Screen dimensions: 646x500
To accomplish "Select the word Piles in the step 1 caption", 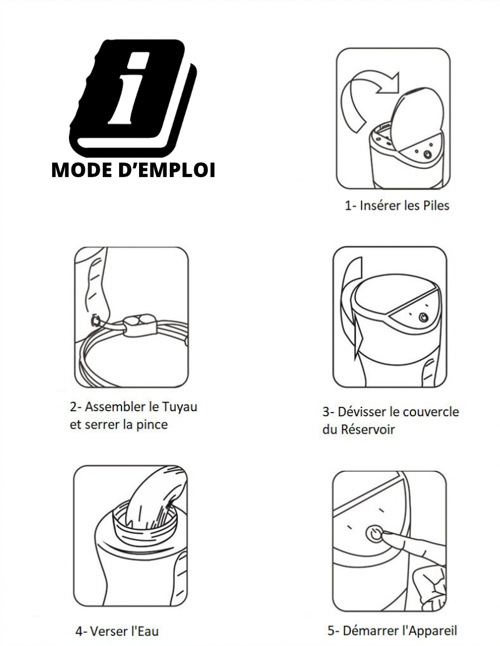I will (x=435, y=205).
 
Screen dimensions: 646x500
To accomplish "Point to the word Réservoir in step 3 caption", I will (x=358, y=430).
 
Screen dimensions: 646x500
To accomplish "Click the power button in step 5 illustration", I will (x=374, y=534).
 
